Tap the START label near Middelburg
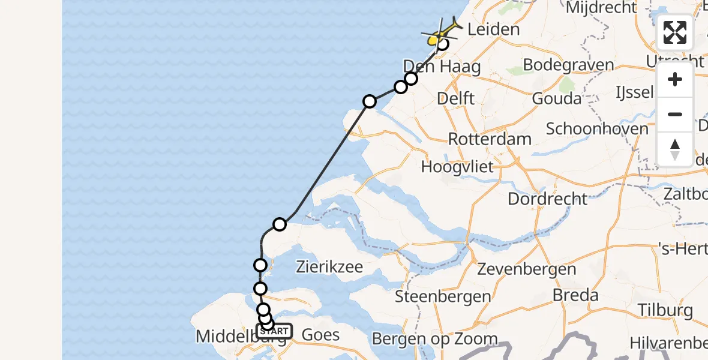(x=275, y=331)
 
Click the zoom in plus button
(x=675, y=79)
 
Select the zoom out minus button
(x=675, y=114)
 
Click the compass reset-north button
(x=675, y=149)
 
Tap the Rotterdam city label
(x=490, y=139)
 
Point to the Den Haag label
(x=442, y=66)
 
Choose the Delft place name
(x=456, y=98)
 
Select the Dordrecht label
(x=547, y=199)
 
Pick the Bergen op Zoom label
(x=435, y=339)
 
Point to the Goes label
(x=320, y=335)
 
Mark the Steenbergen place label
(x=443, y=296)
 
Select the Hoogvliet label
(x=457, y=166)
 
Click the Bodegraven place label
(x=568, y=65)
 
